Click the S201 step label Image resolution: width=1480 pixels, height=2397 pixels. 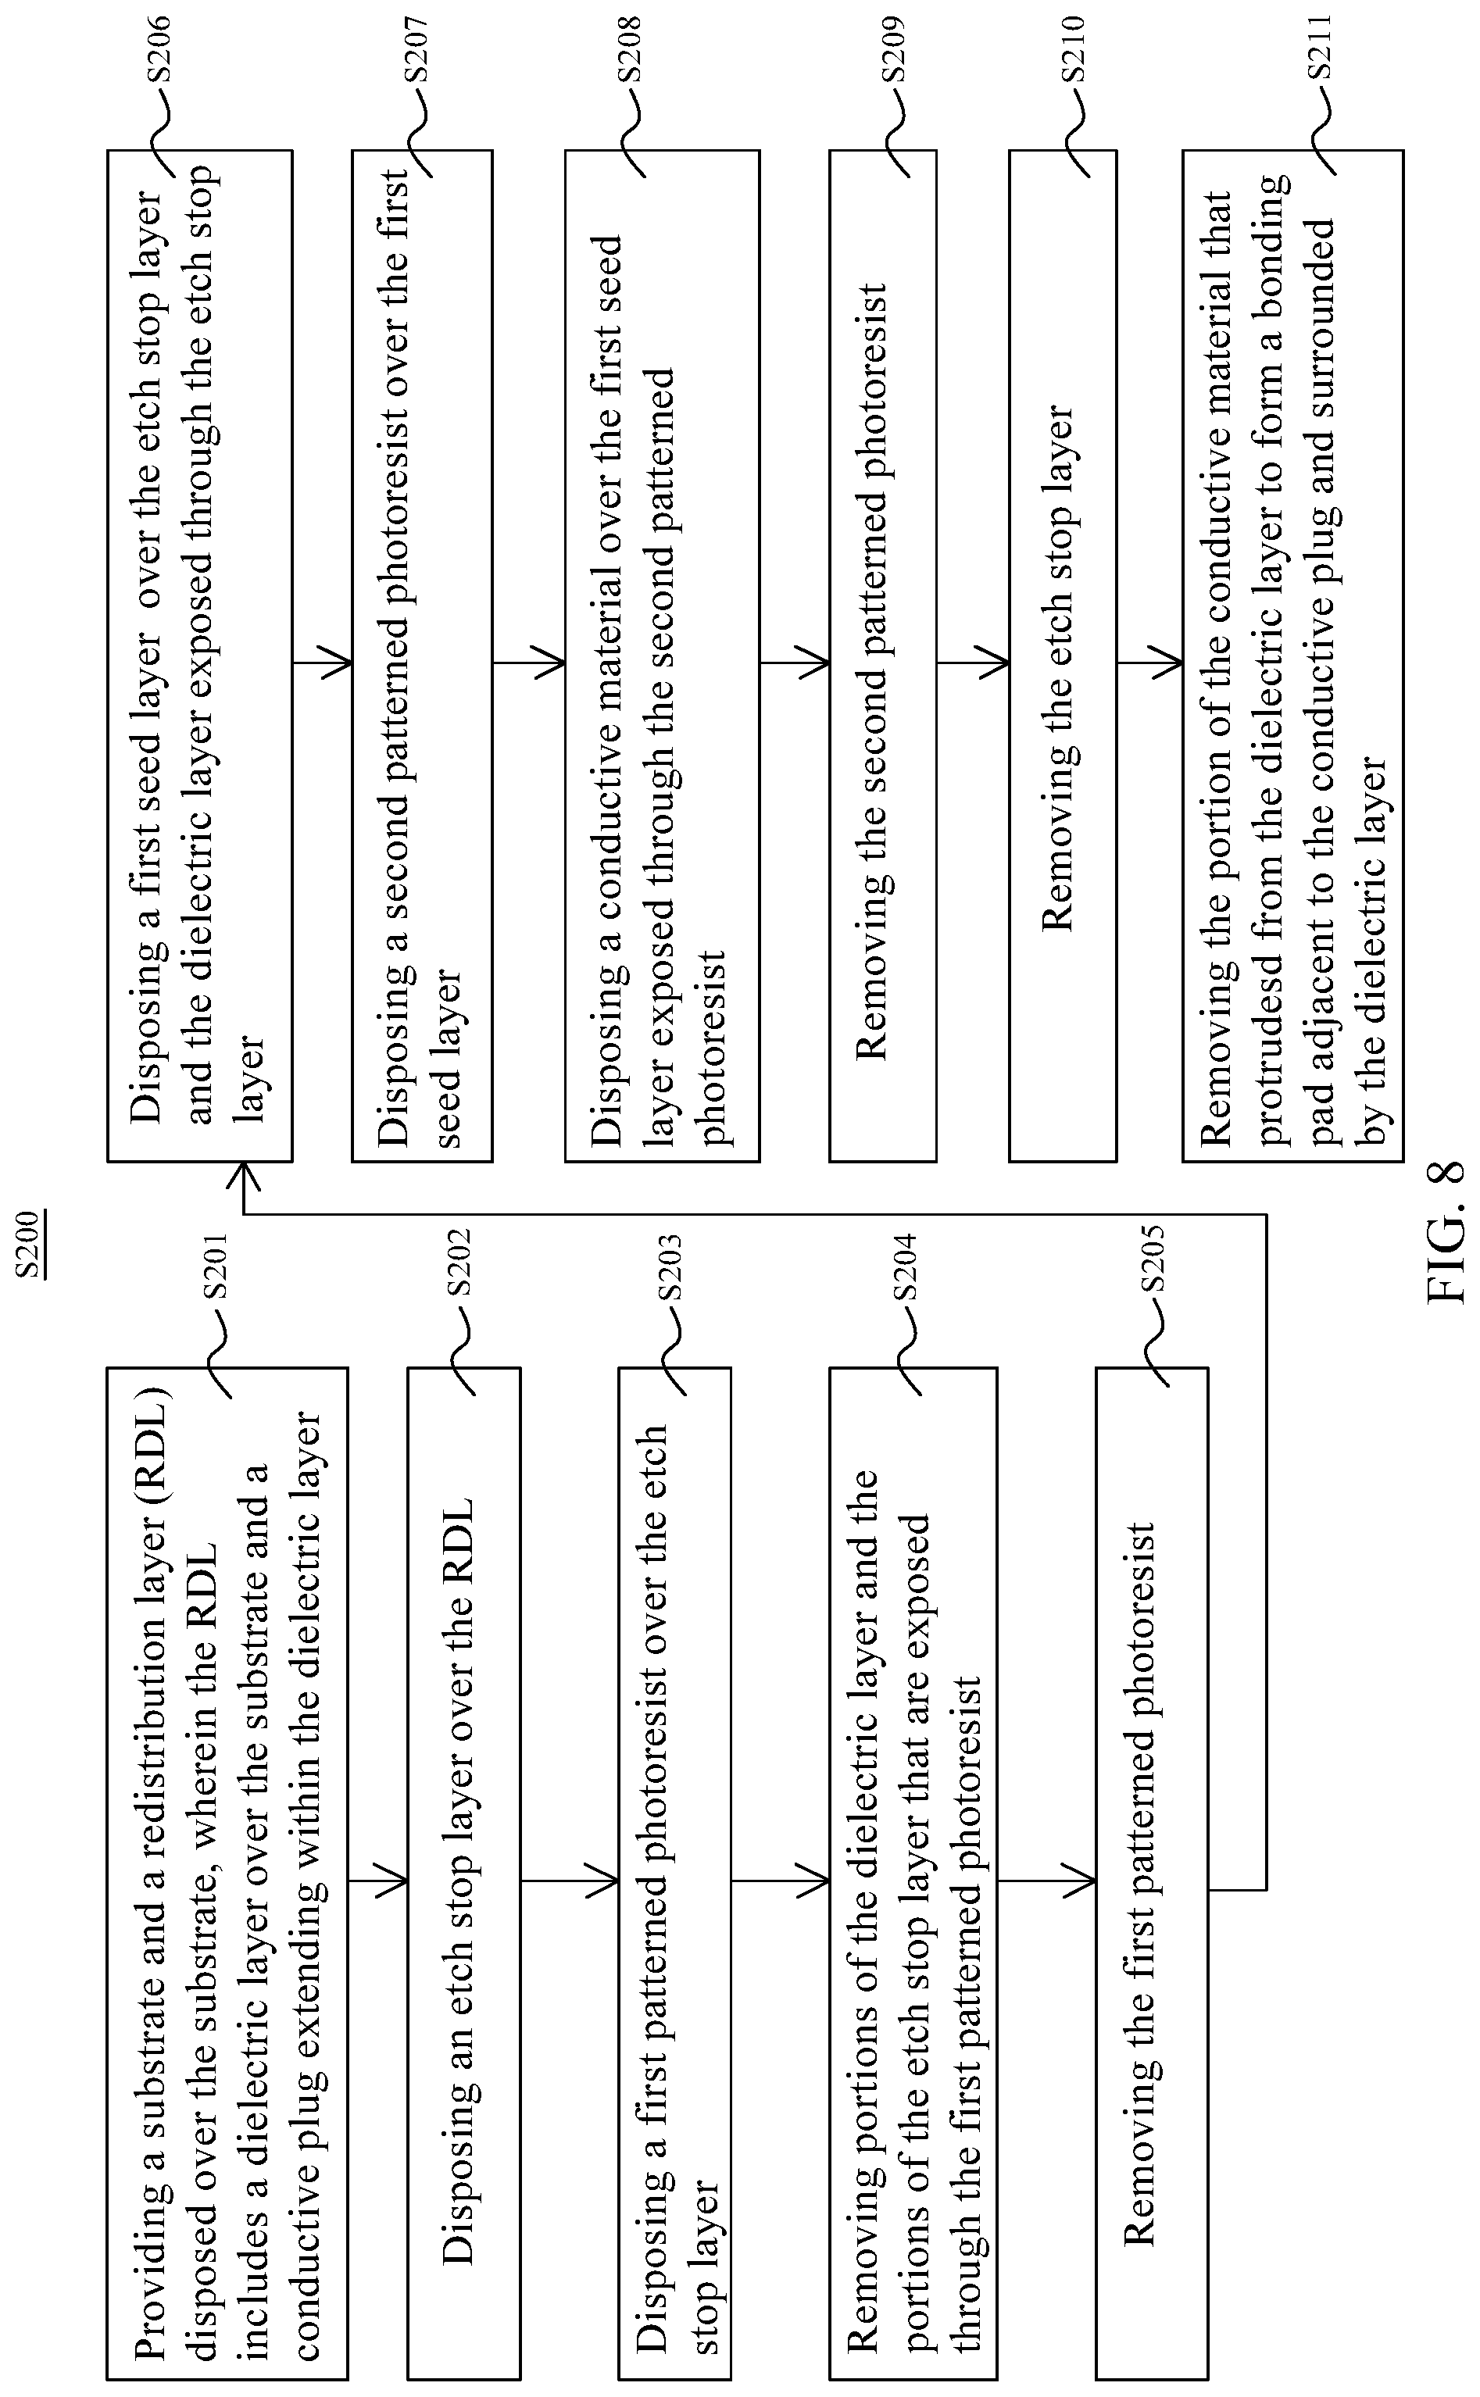[216, 1265]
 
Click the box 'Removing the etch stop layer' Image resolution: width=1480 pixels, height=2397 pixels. [1063, 656]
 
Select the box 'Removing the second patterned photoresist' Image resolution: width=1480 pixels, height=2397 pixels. [883, 656]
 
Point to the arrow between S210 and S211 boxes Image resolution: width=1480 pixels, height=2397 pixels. [1149, 663]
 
